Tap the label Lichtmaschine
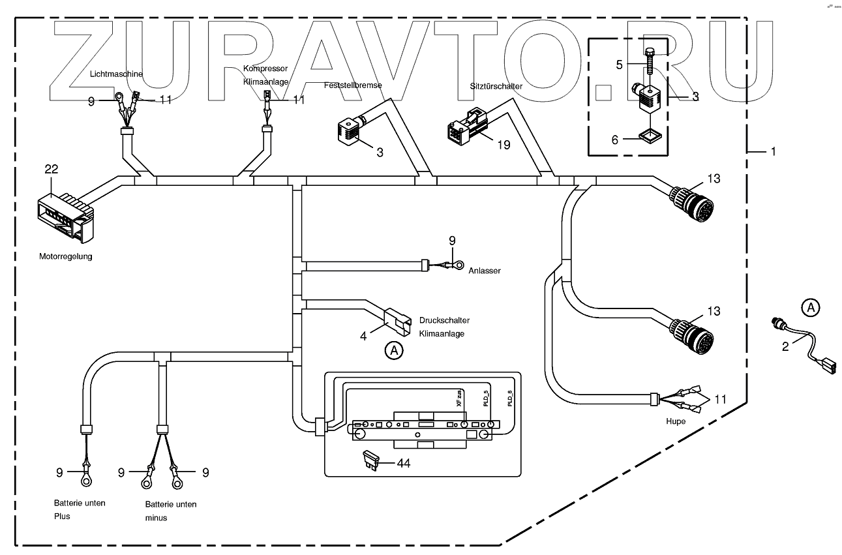[115, 74]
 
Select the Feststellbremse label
[353, 85]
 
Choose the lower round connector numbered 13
[694, 332]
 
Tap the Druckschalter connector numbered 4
[397, 318]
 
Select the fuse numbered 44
[370, 462]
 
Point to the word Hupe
[676, 421]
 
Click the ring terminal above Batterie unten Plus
[85, 478]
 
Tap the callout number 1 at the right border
[774, 151]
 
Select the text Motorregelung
[66, 256]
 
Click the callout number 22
[52, 170]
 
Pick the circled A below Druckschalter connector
[393, 350]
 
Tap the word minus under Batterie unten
[156, 518]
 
